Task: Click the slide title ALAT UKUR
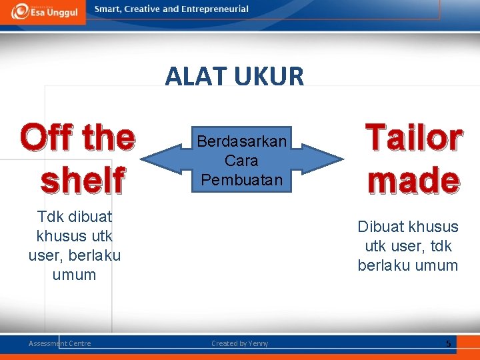(235, 77)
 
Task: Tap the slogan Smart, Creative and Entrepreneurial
(171, 9)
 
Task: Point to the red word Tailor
(413, 138)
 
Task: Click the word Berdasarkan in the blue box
(241, 141)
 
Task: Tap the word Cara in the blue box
(241, 161)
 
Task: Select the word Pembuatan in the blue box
(241, 179)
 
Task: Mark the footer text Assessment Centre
(60, 343)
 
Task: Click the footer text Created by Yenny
(240, 343)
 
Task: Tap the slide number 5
(449, 343)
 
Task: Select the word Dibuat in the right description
(380, 227)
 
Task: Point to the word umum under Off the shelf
(74, 275)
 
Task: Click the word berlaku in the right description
(383, 265)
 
